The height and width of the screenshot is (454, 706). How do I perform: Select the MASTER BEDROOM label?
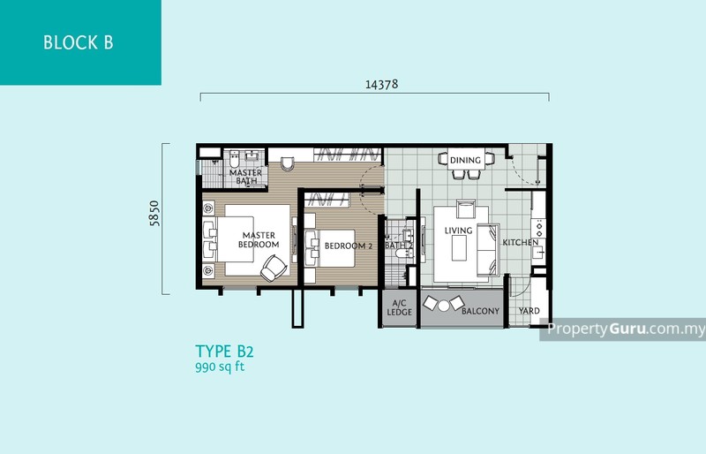[x=260, y=239]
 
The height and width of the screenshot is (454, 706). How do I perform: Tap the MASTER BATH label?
[x=245, y=177]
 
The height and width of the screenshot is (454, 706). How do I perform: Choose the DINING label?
[x=465, y=160]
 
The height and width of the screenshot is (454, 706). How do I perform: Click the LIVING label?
[x=459, y=231]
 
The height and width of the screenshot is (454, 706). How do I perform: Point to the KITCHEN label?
[x=520, y=242]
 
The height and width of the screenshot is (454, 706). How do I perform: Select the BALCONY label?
[x=480, y=311]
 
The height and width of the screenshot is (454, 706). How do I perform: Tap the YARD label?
[x=529, y=311]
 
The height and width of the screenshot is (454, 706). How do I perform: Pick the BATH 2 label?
[x=399, y=246]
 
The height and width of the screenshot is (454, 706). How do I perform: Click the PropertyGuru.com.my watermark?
[x=627, y=329]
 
